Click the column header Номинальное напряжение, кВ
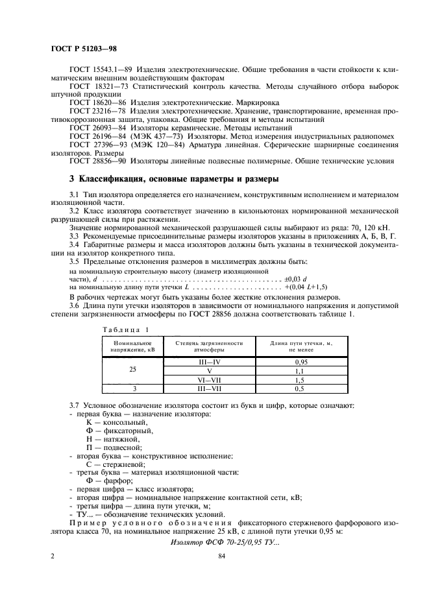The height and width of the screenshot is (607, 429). tap(132, 346)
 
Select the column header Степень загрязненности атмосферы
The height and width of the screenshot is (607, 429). tap(209, 346)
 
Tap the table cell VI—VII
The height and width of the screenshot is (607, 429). tap(209, 379)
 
